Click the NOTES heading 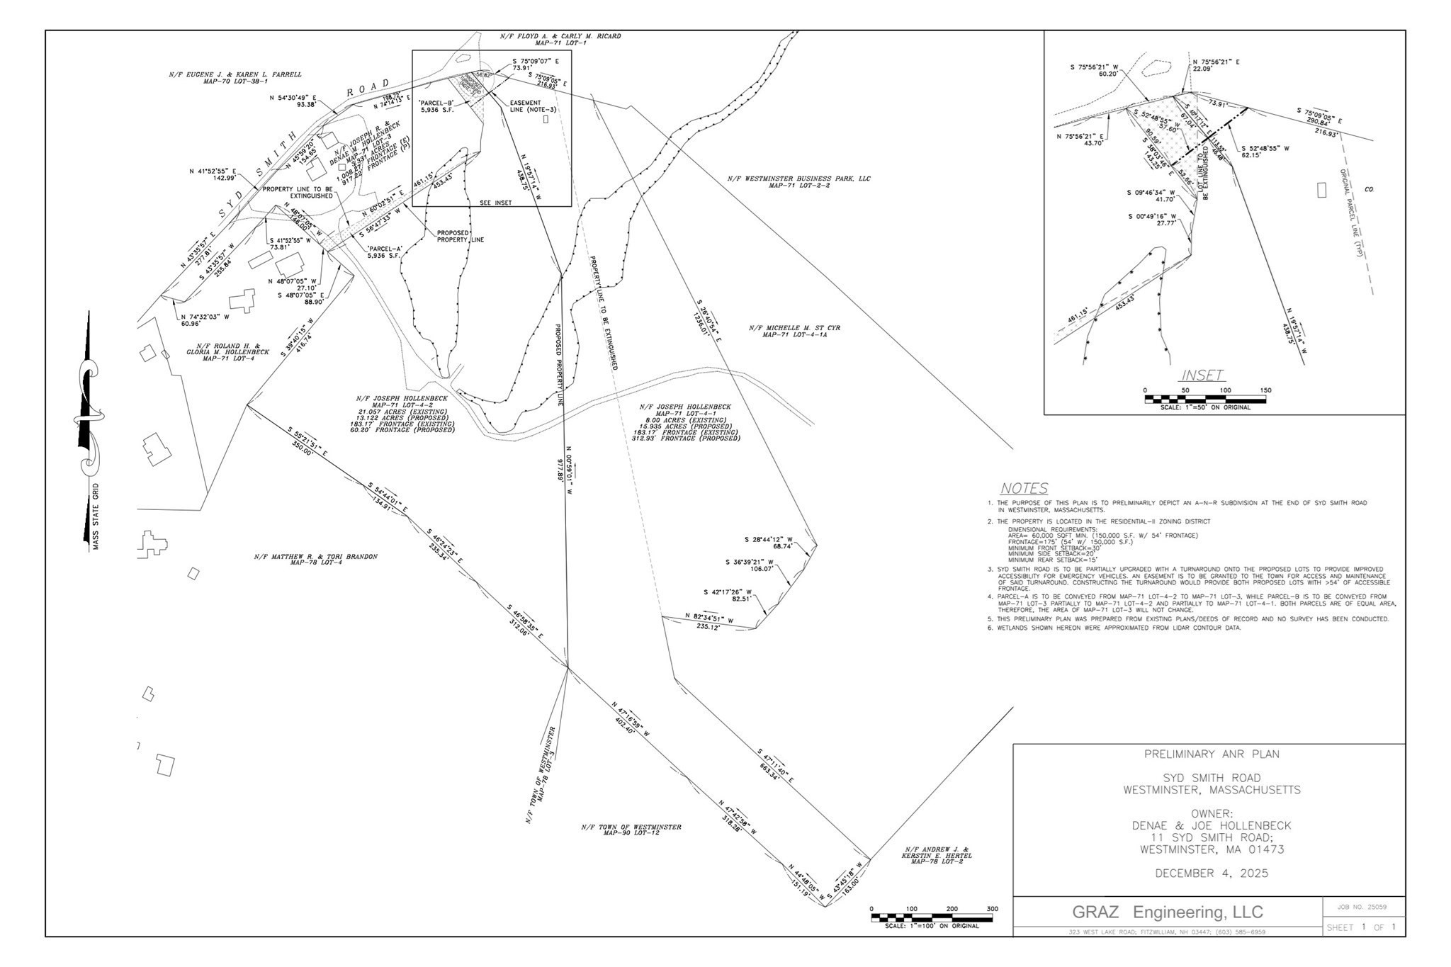pos(1024,489)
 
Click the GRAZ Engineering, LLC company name pos(1168,912)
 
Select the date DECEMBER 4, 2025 pos(1212,873)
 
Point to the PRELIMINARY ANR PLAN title pos(1212,754)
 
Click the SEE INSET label pos(495,203)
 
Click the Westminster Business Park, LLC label pos(798,182)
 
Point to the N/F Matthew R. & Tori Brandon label pos(315,560)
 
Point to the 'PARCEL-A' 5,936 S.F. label pos(385,252)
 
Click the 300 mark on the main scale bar pos(992,909)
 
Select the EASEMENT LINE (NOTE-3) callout pos(526,106)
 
